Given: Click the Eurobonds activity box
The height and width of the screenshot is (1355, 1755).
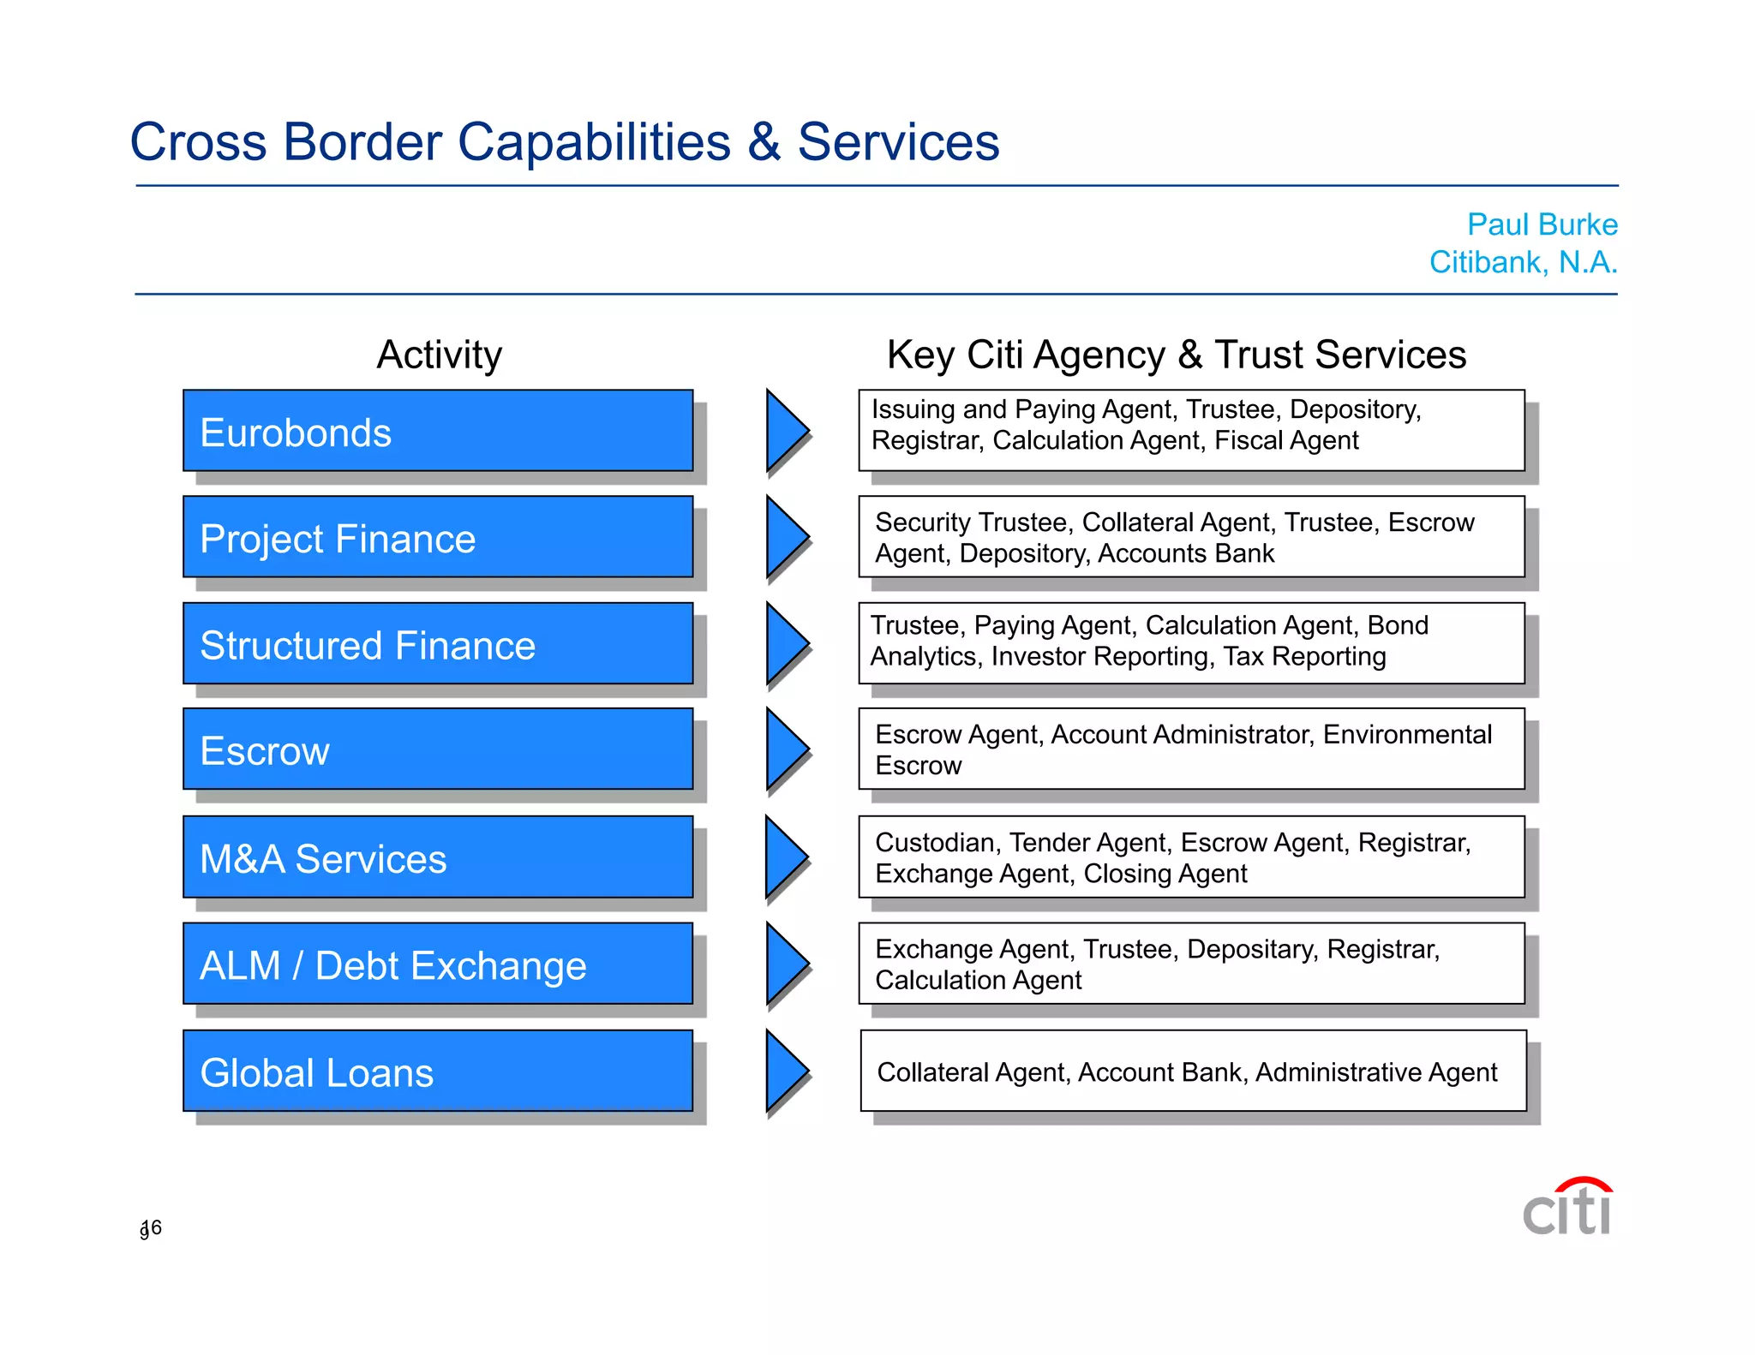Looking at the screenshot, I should (x=437, y=431).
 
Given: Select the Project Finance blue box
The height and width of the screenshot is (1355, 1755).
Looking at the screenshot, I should (x=437, y=537).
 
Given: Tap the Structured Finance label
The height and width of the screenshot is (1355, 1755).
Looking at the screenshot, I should (x=368, y=645).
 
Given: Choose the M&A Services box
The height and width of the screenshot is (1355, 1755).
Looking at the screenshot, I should (x=437, y=857).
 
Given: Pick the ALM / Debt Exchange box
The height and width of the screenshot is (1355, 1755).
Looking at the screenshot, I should (x=437, y=964).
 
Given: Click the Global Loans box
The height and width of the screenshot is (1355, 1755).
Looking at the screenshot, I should (x=437, y=1071).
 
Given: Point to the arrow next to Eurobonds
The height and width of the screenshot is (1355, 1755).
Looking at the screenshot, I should (x=785, y=430).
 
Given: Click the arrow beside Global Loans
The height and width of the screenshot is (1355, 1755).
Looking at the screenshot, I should (x=785, y=1071).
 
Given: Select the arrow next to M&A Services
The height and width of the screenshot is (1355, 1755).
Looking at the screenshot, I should (x=785, y=857).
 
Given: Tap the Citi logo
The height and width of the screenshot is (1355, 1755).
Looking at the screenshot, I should (x=1567, y=1208).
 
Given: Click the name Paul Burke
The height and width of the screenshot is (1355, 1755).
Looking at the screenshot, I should (x=1542, y=224).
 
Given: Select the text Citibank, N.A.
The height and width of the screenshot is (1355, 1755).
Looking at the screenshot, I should (x=1523, y=262).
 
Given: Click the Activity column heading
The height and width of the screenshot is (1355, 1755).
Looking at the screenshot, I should (x=440, y=355).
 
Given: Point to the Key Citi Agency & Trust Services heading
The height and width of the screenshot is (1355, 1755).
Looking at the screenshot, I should (x=1176, y=355).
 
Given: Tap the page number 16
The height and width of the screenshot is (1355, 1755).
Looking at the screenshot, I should (x=151, y=1228).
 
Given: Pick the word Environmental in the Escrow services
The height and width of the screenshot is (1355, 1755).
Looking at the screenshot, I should (x=1407, y=734).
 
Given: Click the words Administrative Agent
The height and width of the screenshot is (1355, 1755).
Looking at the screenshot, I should (x=1375, y=1072).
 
